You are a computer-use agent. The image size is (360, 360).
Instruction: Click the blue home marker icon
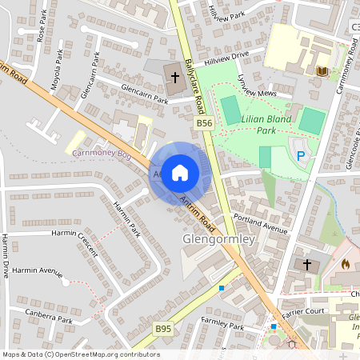[x=180, y=172]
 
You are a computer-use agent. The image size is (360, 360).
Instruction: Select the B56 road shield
[x=205, y=123]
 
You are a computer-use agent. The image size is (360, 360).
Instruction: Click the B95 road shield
[x=163, y=329]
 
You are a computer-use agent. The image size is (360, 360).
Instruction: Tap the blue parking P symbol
[x=301, y=156]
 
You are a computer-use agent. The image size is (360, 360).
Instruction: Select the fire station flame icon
[x=346, y=263]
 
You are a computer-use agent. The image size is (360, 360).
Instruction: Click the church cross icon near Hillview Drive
[x=174, y=77]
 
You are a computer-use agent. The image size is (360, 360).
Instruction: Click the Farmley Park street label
[x=222, y=326]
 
